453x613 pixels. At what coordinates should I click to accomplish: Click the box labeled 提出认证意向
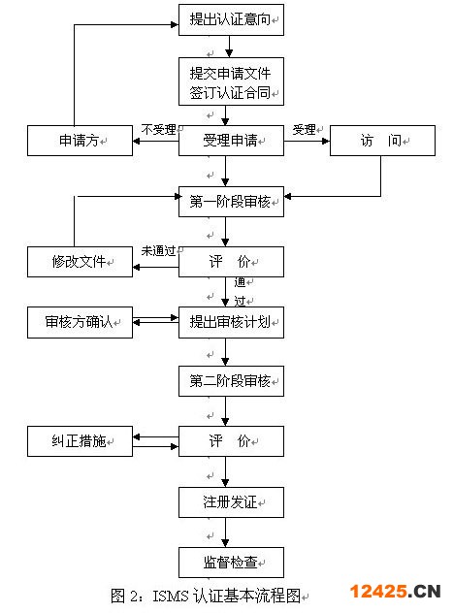tap(231, 20)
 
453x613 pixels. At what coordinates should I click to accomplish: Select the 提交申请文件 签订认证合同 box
tap(231, 81)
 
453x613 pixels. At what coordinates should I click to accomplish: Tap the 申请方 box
tap(80, 141)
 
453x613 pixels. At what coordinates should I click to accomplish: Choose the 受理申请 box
tap(231, 141)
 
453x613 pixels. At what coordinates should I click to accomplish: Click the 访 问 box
tap(382, 141)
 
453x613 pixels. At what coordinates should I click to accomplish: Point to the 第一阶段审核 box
tap(231, 202)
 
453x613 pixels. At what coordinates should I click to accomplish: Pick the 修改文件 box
tap(80, 262)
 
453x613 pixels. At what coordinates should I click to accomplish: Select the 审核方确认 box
tap(80, 323)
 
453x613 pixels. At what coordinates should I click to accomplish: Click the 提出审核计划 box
tap(231, 323)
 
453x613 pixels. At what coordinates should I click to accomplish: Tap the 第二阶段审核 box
tap(231, 381)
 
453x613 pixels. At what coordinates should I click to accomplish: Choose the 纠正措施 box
tap(80, 441)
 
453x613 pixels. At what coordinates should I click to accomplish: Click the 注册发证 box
tap(231, 502)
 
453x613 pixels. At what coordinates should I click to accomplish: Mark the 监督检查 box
tap(231, 563)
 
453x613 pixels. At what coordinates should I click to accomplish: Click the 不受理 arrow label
tap(158, 129)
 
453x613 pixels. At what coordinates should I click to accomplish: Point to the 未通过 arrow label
tap(158, 251)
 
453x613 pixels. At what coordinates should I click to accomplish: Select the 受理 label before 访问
tap(304, 129)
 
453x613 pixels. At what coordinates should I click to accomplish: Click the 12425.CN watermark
tap(395, 591)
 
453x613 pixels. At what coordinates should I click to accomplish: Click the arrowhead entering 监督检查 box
tap(225, 544)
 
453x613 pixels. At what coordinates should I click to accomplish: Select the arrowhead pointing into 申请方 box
tap(137, 141)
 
